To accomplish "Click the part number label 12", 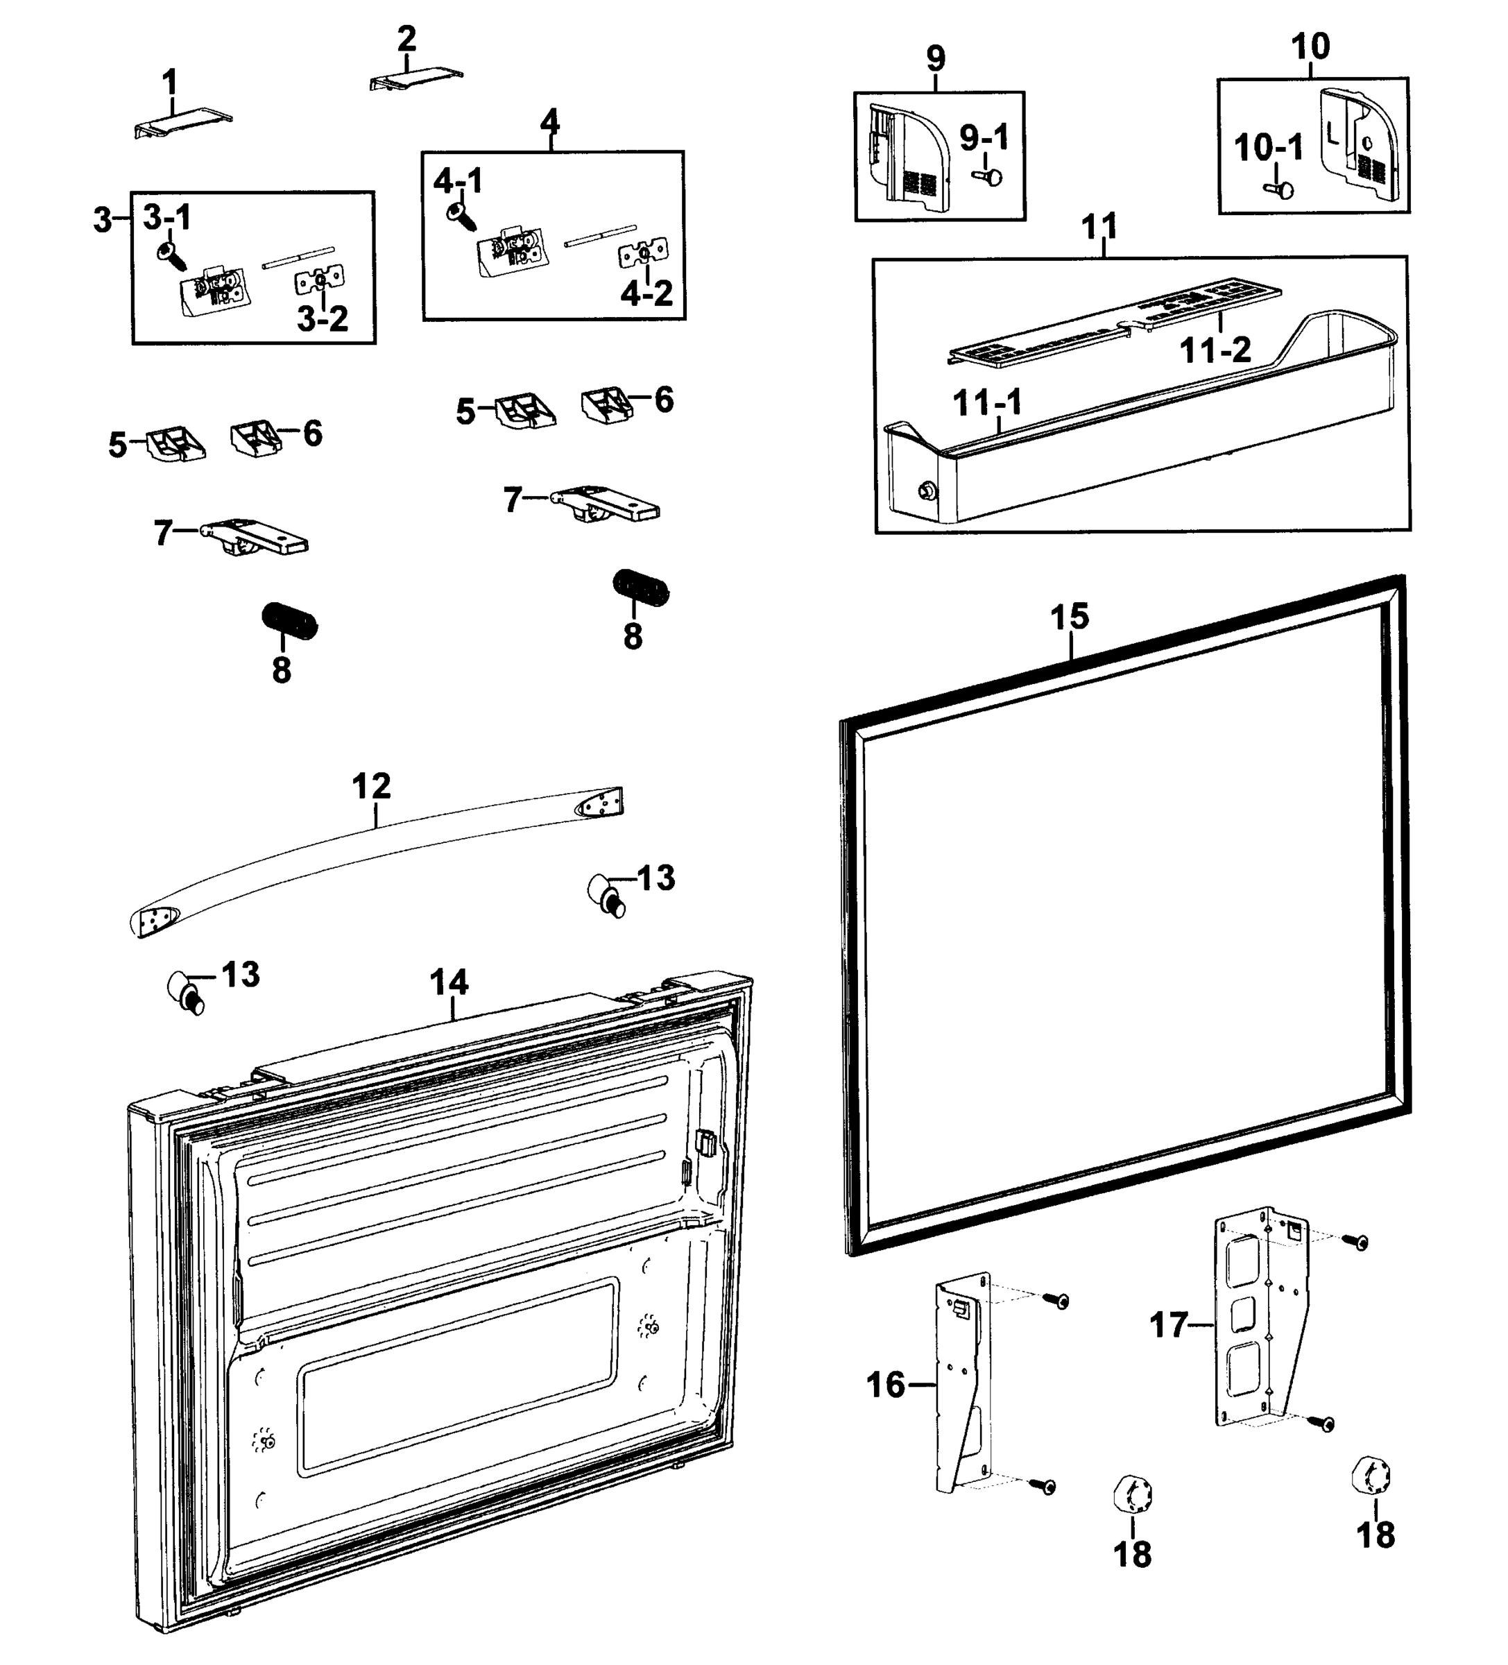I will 371,785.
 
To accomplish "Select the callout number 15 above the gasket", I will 1069,617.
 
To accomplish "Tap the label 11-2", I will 1215,350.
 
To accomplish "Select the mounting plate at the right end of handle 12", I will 601,803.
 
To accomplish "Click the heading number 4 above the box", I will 549,122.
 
